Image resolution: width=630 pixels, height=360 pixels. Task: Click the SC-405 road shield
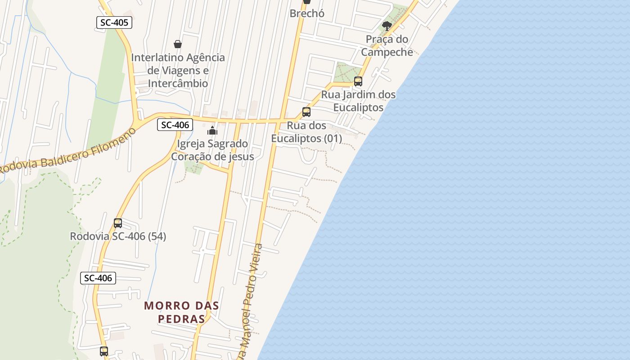coord(114,22)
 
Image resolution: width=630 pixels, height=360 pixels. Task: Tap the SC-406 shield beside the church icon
coord(175,125)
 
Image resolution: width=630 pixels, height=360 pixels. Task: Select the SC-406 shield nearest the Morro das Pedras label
coord(98,278)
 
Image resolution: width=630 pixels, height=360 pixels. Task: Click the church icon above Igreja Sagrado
coord(212,131)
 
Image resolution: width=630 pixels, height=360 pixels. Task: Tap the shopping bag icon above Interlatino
coord(178,44)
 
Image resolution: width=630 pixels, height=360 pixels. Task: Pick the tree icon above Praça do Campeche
coord(387,26)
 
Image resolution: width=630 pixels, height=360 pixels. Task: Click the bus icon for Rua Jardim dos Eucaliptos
coord(358,81)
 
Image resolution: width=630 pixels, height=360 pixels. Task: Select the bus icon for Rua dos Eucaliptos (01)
coord(306,112)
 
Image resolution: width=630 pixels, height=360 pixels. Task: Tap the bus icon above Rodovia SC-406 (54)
coord(118,223)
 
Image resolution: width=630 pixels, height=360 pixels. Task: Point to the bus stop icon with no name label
coord(104,351)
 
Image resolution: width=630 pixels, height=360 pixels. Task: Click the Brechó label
coord(307,13)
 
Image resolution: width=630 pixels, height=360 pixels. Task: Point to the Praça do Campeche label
coord(387,45)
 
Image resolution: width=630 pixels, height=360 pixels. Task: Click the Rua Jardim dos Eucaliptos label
coord(358,101)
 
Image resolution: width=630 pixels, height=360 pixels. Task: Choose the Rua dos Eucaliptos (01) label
coord(306,132)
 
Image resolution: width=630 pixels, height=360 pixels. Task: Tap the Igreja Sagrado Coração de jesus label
coord(212,150)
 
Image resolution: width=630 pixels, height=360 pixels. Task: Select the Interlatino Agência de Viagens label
coord(178,70)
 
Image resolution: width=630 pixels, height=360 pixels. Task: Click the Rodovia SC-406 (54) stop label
coord(118,236)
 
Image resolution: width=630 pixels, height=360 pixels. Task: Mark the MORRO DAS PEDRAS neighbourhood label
coord(182,312)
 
